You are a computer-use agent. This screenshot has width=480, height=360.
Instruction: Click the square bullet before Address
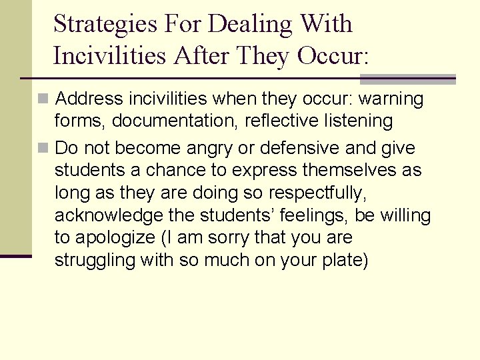(x=43, y=99)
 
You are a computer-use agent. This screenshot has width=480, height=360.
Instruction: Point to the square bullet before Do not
(x=43, y=148)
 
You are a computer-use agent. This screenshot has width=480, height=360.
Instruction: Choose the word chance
(x=175, y=171)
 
